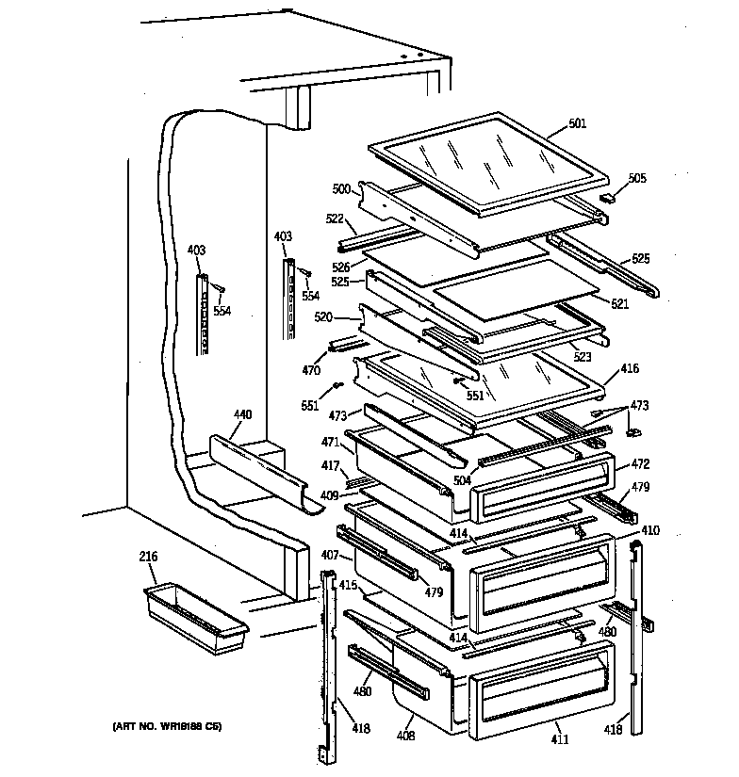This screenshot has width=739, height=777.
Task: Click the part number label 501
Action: click(578, 122)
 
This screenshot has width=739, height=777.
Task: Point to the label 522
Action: click(335, 219)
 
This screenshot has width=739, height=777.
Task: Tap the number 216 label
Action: click(148, 558)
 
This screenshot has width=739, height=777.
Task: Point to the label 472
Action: click(640, 464)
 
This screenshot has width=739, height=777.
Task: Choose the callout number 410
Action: click(650, 530)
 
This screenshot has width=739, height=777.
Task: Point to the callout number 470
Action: click(310, 371)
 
